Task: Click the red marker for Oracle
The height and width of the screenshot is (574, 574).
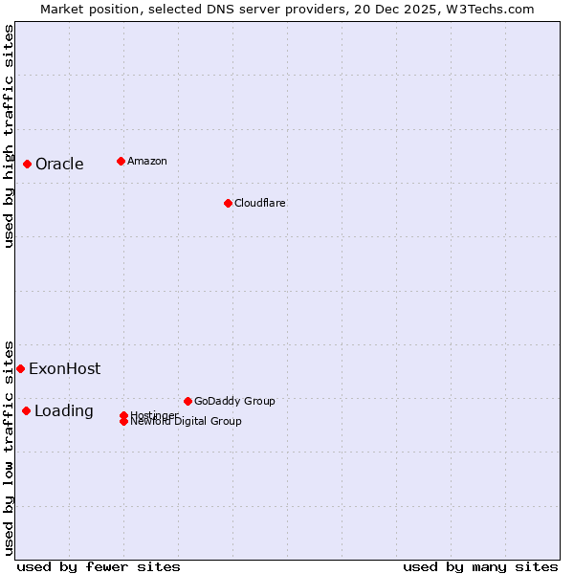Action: coord(27,164)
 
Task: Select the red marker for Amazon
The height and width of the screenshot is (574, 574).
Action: coord(121,161)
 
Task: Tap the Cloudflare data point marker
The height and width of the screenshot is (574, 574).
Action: coord(228,203)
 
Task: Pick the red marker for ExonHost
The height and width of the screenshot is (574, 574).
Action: coord(20,368)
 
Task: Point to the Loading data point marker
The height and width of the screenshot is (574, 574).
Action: coord(26,410)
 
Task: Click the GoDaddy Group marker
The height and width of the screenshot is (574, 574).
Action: coord(188,401)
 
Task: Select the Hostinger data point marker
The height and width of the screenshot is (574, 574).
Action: coord(124,415)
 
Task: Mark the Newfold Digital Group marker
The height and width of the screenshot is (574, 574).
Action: coord(124,422)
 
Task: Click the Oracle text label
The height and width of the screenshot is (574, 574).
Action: coord(59,164)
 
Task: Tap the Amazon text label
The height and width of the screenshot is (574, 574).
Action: coord(147,161)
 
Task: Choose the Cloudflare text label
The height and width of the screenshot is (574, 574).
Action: coord(260,203)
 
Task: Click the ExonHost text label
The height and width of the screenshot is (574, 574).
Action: coord(64,368)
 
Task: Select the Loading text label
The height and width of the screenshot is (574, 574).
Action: coord(64,410)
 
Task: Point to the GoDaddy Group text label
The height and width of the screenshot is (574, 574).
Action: coord(234,401)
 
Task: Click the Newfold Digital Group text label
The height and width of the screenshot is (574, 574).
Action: coord(187,422)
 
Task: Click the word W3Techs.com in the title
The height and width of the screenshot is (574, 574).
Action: coord(488,9)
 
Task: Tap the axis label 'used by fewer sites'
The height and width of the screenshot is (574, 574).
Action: coord(99,566)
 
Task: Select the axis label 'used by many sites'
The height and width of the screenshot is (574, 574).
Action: coord(480,566)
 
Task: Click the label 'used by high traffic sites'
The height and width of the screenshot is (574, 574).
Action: coord(9,136)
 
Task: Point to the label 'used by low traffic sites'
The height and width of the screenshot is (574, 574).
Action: coord(9,448)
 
